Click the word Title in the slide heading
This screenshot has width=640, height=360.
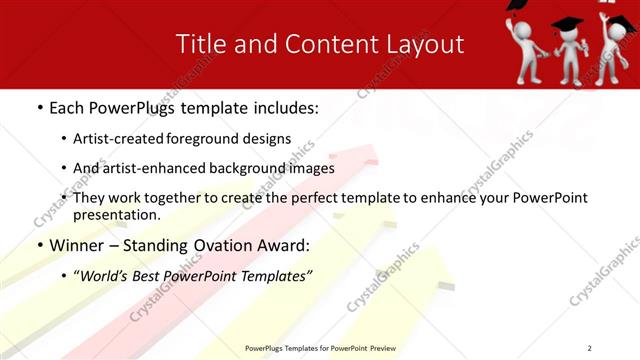(199, 44)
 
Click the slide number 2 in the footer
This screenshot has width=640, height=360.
(590, 347)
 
